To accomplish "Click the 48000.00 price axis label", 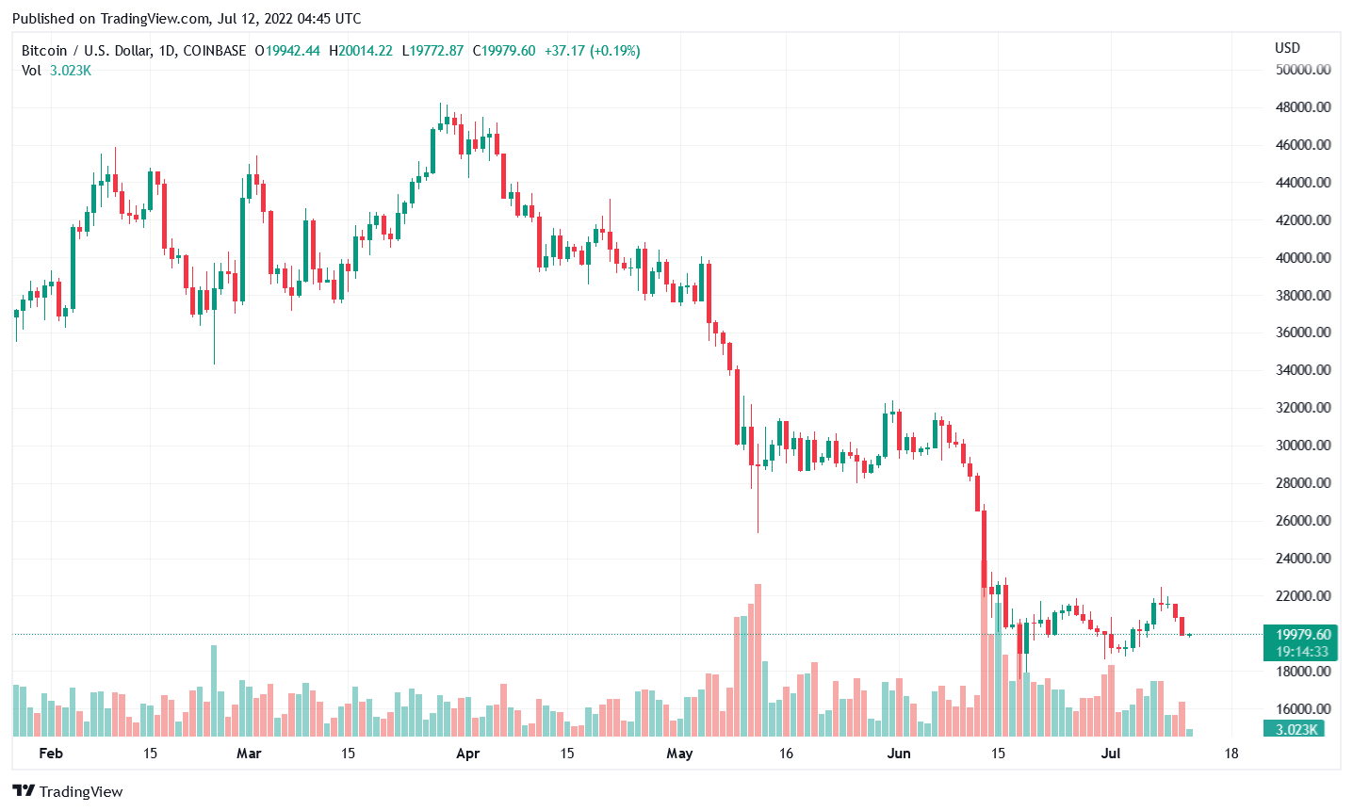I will pyautogui.click(x=1303, y=107).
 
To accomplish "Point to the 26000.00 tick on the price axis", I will pyautogui.click(x=1303, y=521).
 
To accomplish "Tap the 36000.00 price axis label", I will pyautogui.click(x=1303, y=333).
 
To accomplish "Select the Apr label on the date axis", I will pyautogui.click(x=467, y=754).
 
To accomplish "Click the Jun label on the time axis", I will pyautogui.click(x=899, y=754).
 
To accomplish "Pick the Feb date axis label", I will pyautogui.click(x=51, y=754).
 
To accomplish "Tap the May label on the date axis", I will pyautogui.click(x=679, y=754).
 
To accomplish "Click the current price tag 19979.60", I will pyautogui.click(x=1303, y=635).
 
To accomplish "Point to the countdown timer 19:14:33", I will pyautogui.click(x=1302, y=652).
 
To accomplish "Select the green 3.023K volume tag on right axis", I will pyautogui.click(x=1296, y=729).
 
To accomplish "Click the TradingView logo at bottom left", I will pyautogui.click(x=68, y=791).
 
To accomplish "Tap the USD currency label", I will pyautogui.click(x=1287, y=48).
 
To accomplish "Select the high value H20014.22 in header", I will pyautogui.click(x=361, y=51).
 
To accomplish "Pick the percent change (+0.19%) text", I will pyautogui.click(x=615, y=51).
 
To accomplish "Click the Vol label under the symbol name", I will pyautogui.click(x=32, y=71).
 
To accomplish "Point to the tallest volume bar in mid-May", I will pyautogui.click(x=758, y=659).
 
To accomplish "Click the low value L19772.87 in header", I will pyautogui.click(x=432, y=51).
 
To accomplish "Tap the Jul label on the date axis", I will pyautogui.click(x=1111, y=754).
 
